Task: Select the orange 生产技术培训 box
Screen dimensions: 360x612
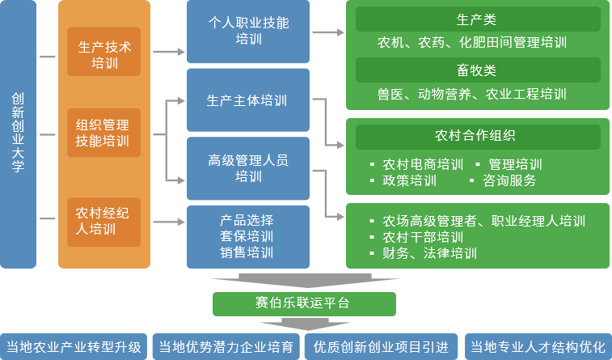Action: [x=103, y=52]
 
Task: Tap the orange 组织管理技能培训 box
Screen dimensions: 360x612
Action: [x=103, y=133]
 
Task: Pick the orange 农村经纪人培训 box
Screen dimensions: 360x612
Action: [x=103, y=221]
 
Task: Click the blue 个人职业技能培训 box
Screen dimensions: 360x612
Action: [x=248, y=32]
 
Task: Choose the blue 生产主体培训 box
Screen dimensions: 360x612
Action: [x=248, y=100]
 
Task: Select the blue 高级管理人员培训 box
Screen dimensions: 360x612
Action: [x=248, y=167]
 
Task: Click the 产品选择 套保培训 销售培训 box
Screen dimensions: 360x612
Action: [x=248, y=236]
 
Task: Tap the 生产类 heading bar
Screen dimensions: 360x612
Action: [x=478, y=19]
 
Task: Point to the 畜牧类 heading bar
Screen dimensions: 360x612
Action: [x=478, y=70]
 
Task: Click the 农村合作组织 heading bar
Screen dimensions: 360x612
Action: [x=478, y=136]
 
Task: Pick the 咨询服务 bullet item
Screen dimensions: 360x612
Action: [x=509, y=180]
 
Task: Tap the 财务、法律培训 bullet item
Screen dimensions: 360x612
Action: [x=429, y=253]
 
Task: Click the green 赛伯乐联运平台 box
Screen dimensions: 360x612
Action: [x=304, y=304]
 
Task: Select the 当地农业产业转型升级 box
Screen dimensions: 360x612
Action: [x=74, y=347]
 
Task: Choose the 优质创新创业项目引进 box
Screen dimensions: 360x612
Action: [x=381, y=347]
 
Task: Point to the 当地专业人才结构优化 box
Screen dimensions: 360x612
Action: [x=538, y=347]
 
